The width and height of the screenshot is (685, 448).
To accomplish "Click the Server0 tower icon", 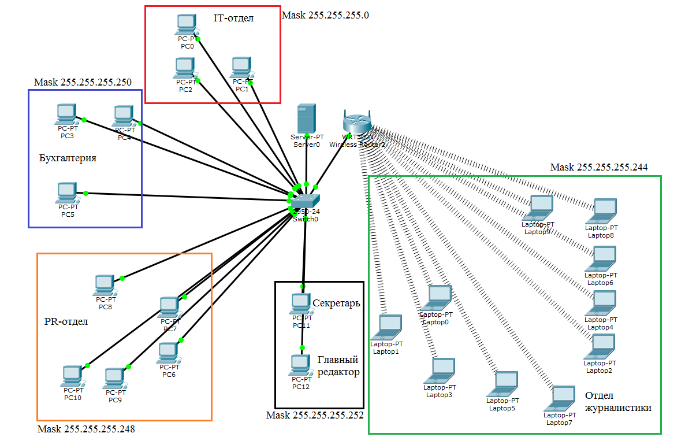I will (306, 119).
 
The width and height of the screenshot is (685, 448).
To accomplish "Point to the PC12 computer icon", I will (300, 365).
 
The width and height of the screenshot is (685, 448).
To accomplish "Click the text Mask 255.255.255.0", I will (325, 15).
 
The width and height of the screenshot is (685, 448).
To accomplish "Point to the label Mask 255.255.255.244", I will (599, 168).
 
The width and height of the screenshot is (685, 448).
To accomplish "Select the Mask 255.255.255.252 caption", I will (315, 415).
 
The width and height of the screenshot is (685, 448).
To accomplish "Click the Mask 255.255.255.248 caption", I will (86, 429).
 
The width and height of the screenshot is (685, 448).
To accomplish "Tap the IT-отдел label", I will (233, 18).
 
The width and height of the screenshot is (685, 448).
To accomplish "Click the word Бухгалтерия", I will (68, 158).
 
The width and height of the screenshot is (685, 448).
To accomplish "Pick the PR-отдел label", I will (66, 321).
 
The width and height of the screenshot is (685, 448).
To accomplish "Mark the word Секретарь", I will (336, 303).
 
